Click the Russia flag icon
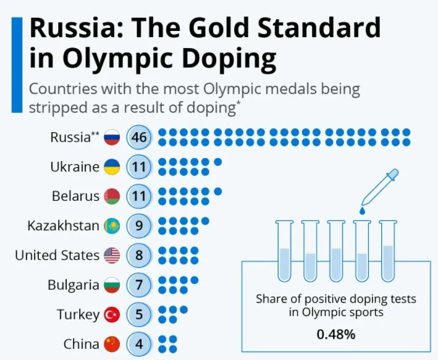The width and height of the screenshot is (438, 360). click(112, 137)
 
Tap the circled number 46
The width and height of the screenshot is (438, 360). click(139, 137)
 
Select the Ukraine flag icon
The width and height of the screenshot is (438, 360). click(112, 167)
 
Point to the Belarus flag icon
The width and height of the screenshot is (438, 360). click(112, 196)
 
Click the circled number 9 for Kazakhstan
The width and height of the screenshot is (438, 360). click(139, 226)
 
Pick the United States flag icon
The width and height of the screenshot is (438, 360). click(112, 255)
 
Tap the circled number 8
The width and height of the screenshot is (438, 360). click(139, 255)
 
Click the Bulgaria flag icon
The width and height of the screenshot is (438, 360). click(112, 285)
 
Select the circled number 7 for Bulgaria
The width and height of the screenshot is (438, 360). click(139, 285)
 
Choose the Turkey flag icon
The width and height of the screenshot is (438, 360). click(112, 314)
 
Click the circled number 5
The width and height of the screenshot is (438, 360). click(139, 314)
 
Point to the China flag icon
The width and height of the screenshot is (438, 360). click(112, 343)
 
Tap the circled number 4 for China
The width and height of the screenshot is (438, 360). click(139, 343)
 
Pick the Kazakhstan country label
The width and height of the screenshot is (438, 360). click(63, 226)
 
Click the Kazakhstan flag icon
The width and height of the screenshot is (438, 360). click(112, 226)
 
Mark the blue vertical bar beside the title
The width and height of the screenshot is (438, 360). click(17, 65)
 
